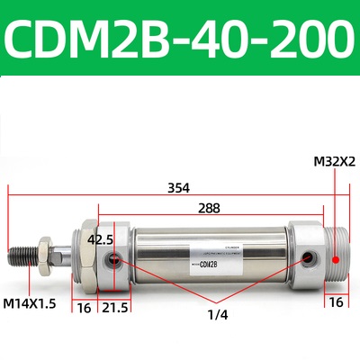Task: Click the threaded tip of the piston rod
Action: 23,255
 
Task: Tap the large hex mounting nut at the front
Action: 86,256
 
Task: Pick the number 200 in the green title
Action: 303,39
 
